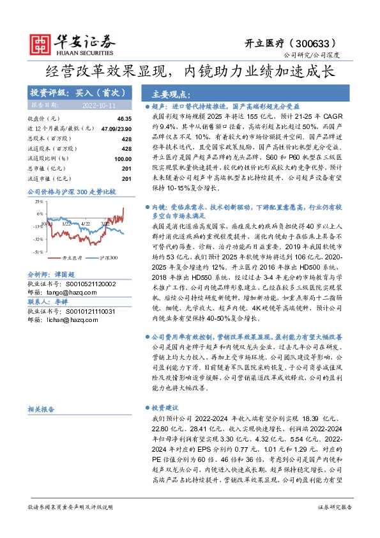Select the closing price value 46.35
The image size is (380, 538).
[124, 119]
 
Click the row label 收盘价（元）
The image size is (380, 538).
[42, 119]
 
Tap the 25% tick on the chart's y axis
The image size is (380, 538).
[39, 201]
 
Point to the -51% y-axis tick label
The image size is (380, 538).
[38, 252]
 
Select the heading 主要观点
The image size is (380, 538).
[161, 92]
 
